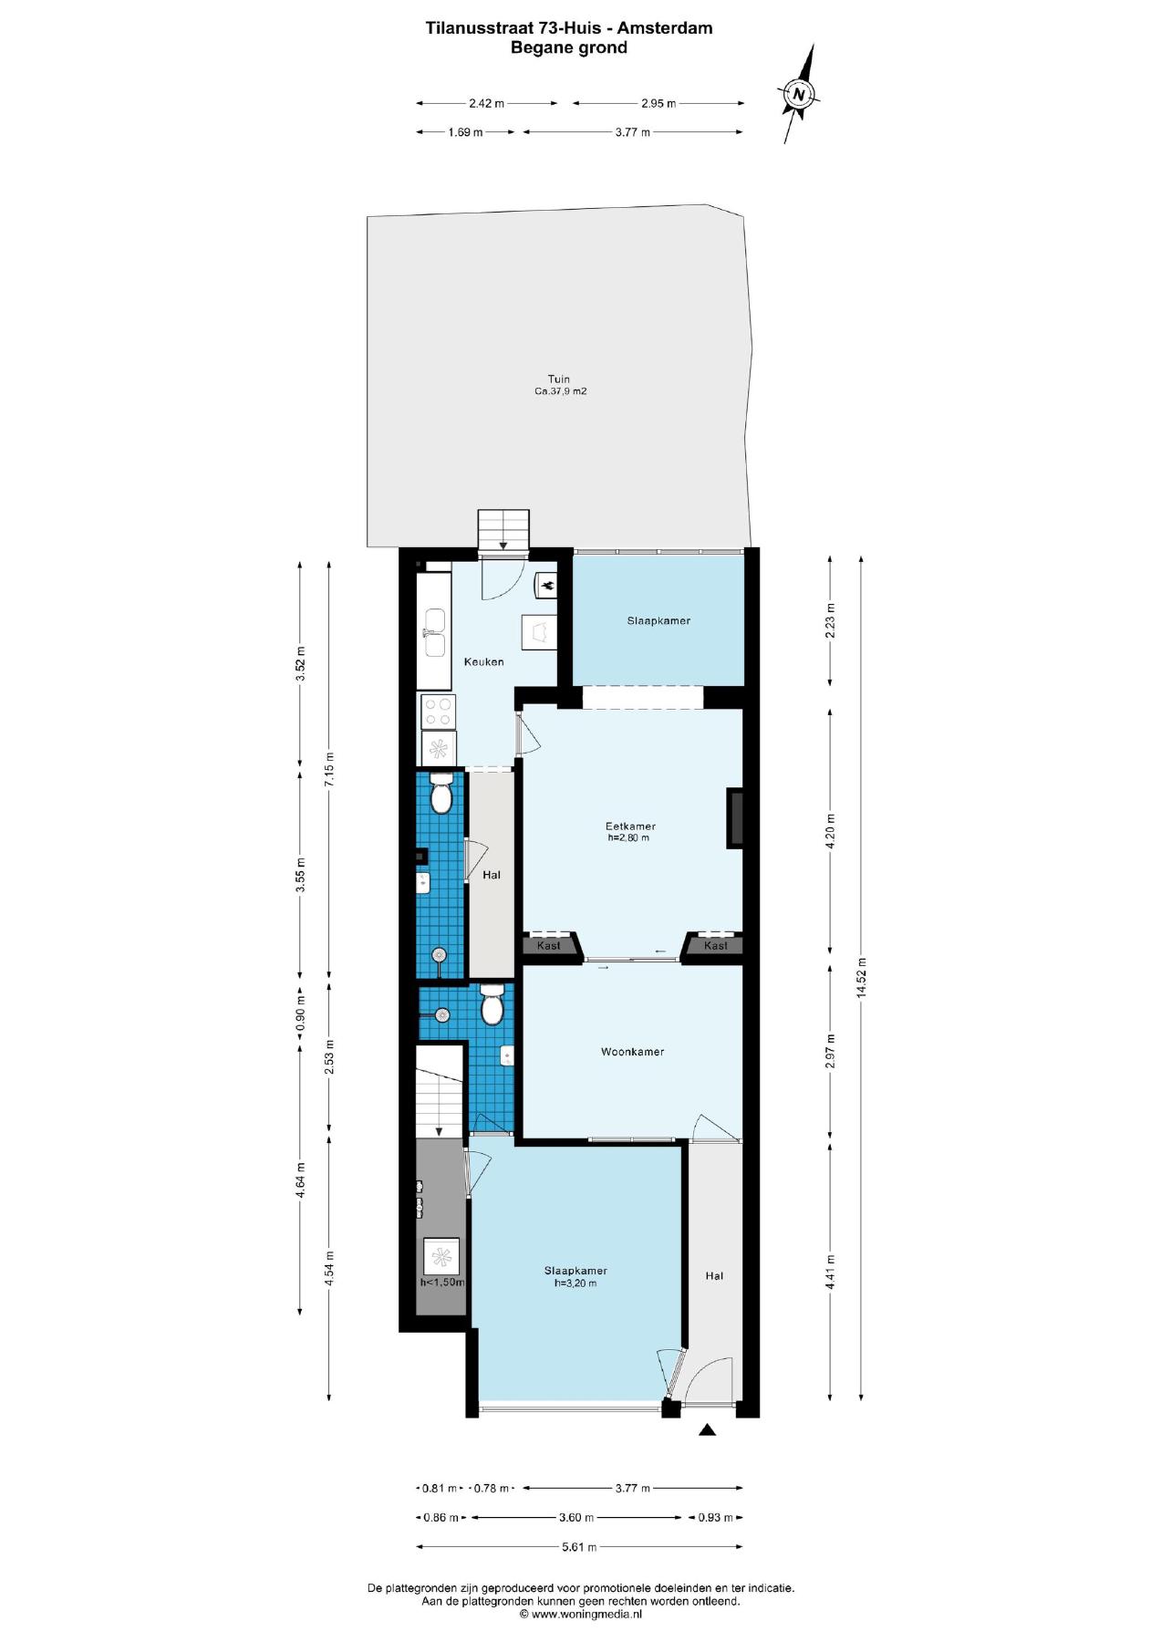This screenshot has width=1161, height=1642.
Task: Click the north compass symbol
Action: (x=799, y=94)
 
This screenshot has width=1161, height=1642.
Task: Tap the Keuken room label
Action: (x=483, y=661)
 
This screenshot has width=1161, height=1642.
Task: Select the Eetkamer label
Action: (x=630, y=826)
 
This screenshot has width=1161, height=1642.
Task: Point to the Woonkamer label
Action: (x=632, y=1052)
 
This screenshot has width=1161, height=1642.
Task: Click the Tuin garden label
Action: (x=559, y=379)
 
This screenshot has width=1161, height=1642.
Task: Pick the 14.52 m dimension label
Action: (x=861, y=979)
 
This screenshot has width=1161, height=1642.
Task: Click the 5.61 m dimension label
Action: (x=579, y=1547)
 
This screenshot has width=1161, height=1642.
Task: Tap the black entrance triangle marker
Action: (x=708, y=1430)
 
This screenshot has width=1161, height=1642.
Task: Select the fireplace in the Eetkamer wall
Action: (x=734, y=818)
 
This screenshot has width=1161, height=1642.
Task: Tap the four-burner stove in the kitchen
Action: (x=438, y=712)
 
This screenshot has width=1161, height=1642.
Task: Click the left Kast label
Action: (x=549, y=946)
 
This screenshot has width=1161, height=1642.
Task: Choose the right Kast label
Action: (x=716, y=946)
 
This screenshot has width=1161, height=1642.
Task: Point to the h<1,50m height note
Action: (x=442, y=1282)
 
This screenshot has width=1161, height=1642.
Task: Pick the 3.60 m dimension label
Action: (x=576, y=1518)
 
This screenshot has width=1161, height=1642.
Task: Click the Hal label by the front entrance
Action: (x=714, y=1276)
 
